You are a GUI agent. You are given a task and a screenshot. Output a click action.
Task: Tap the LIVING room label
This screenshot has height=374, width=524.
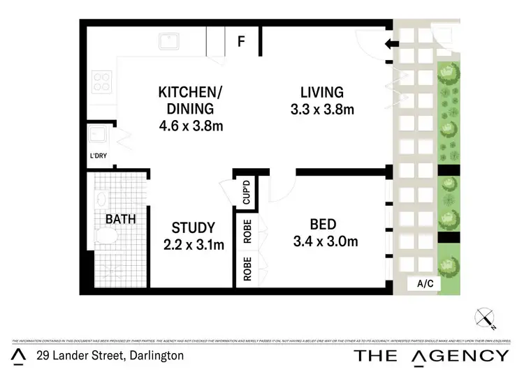coord(321,92)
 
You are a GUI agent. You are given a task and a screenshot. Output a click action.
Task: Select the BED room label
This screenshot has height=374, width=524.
coord(323,225)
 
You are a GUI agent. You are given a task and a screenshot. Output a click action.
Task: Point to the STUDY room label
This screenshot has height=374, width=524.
coord(194,227)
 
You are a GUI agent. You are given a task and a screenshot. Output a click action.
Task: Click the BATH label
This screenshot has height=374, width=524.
coord(120,219)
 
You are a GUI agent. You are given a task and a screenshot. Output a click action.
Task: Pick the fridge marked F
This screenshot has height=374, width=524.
coord(241,41)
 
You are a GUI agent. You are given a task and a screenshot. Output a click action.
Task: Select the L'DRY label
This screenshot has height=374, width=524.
coord(99,156)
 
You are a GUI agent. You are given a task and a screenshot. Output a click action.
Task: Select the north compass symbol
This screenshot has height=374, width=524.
coord(484,318)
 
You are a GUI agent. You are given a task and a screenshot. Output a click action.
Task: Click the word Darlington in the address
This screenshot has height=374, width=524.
coord(157,355)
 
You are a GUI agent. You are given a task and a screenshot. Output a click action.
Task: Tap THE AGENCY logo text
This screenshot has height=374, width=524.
coord(431,355)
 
